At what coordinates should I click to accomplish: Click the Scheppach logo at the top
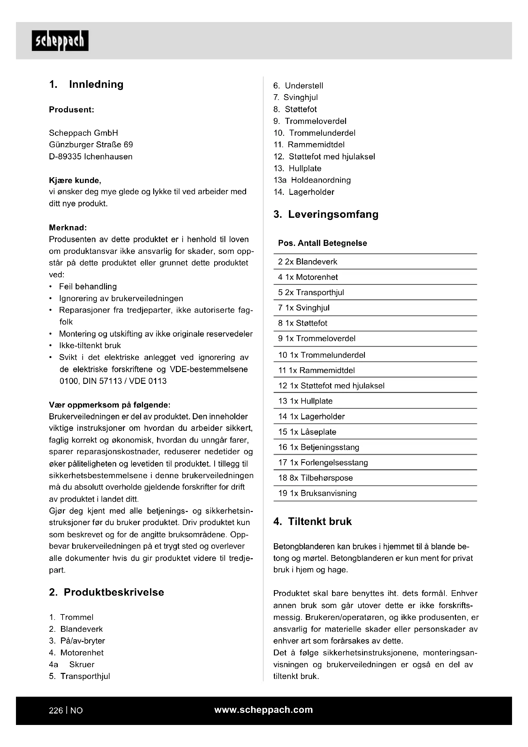(60, 41)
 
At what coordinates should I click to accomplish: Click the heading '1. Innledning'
(86, 84)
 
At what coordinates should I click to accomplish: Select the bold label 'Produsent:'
(72, 110)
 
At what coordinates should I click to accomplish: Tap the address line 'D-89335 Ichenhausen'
(91, 156)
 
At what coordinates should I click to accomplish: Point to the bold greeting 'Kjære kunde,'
(75, 180)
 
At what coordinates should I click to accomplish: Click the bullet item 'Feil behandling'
(88, 286)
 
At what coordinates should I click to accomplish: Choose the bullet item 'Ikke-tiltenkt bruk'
(90, 346)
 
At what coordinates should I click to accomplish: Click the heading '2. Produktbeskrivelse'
(107, 592)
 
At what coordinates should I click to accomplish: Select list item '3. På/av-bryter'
(77, 641)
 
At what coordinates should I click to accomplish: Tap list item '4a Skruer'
(72, 664)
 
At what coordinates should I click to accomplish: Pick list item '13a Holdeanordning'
(312, 180)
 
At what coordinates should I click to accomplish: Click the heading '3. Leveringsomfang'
(326, 214)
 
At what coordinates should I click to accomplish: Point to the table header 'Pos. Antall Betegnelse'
(322, 243)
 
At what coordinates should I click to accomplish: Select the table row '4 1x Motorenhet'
(308, 277)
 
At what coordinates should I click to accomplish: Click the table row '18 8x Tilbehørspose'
(315, 478)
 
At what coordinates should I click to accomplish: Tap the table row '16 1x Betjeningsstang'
(319, 447)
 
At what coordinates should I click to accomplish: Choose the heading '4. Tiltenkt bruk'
(313, 522)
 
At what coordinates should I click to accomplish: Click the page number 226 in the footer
(56, 711)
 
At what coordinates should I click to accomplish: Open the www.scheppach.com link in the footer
(264, 710)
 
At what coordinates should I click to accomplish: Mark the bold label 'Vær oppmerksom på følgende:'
(109, 405)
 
